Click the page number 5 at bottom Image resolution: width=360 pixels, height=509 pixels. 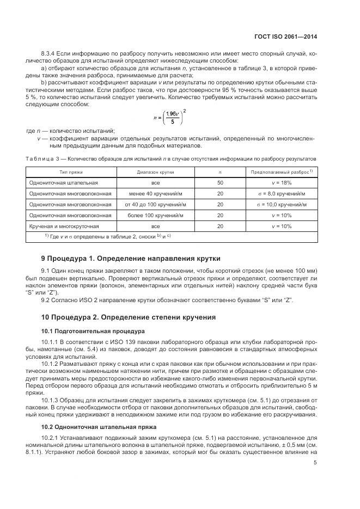[x=315, y=463]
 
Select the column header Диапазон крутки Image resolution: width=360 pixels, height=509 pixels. [x=155, y=171]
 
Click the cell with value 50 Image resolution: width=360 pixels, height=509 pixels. [x=220, y=183]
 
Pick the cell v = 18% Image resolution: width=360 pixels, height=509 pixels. [x=282, y=183]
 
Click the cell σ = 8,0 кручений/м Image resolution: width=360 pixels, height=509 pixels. [x=282, y=194]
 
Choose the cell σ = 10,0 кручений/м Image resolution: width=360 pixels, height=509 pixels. [x=282, y=205]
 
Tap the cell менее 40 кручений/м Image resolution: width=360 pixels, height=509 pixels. [x=155, y=194]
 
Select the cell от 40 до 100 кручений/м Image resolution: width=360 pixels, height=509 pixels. [x=155, y=205]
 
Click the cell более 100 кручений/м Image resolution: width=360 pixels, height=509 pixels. [x=155, y=216]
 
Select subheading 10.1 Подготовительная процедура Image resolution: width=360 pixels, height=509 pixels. [x=92, y=330]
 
